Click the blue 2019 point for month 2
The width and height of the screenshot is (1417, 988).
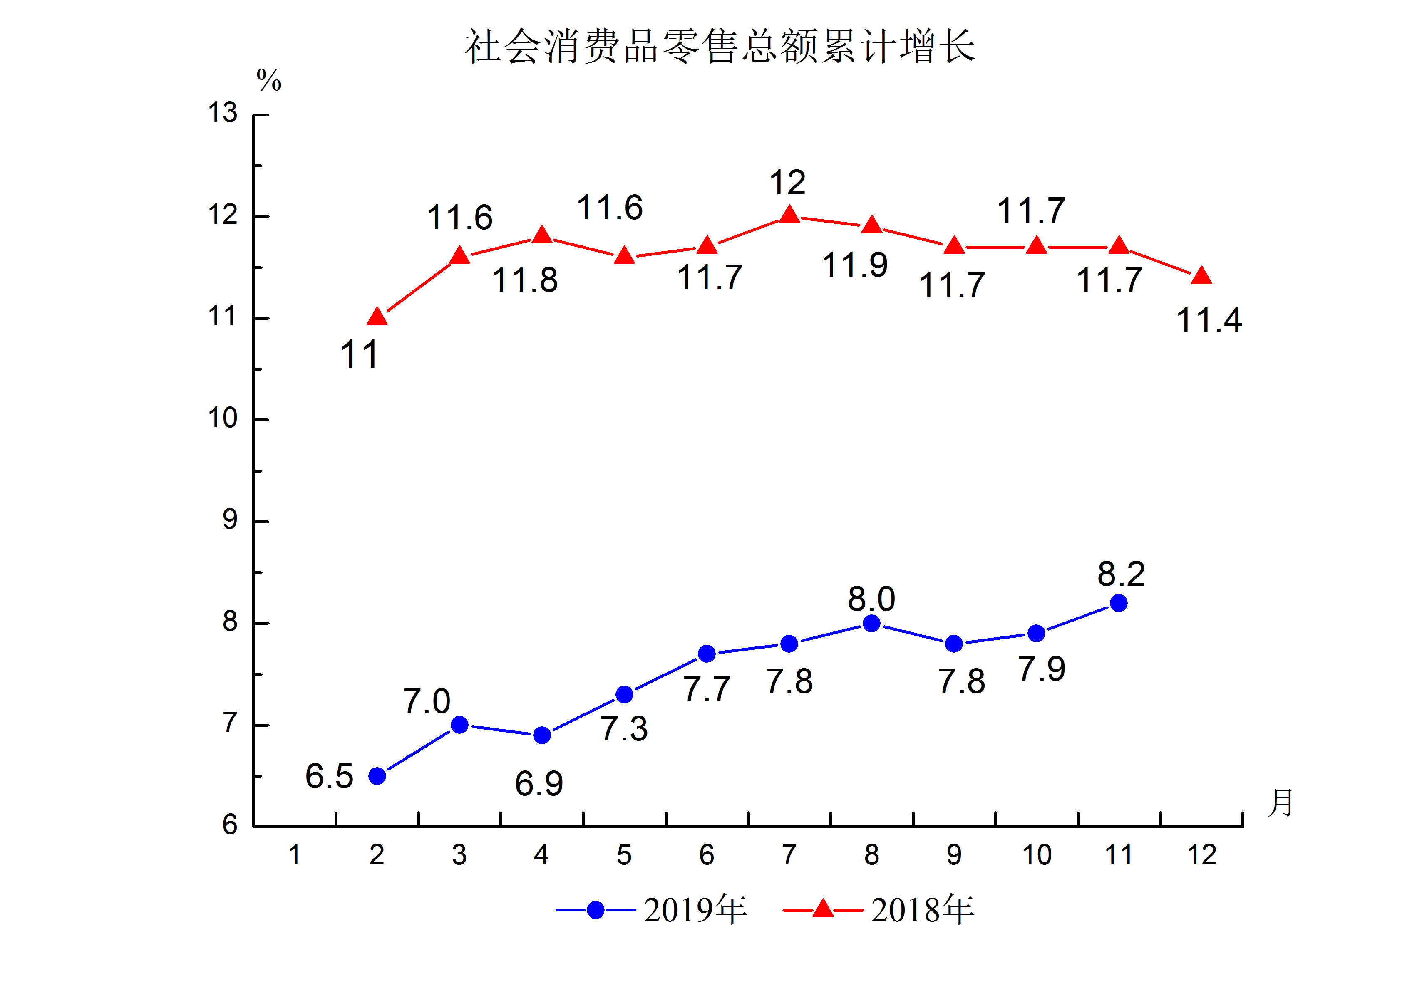pos(377,776)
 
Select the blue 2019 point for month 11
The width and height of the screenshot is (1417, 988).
pos(1118,603)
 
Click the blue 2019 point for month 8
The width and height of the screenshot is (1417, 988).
pos(871,623)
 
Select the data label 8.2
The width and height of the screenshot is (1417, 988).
pos(1121,574)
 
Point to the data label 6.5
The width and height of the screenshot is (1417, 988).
pos(329,776)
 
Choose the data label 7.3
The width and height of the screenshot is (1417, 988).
pos(624,729)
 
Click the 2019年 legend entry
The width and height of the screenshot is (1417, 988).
pos(652,910)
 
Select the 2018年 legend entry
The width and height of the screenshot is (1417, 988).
pos(879,910)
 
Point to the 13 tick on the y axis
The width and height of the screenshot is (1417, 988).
pos(223,113)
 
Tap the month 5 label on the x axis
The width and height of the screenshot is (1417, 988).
pos(624,855)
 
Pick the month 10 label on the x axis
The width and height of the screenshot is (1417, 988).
pos(1037,855)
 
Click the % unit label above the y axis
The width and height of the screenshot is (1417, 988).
pos(269,81)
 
